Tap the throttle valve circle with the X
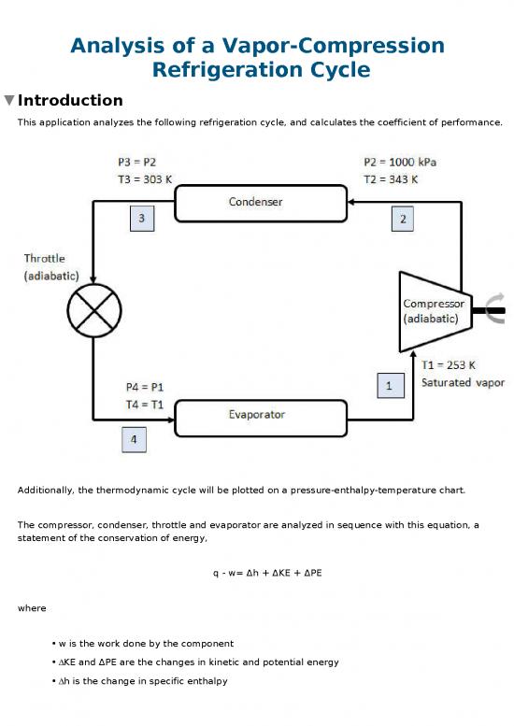[x=93, y=309]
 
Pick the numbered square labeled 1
[x=389, y=384]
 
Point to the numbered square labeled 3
[x=142, y=219]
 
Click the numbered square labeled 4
[x=134, y=440]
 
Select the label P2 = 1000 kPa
[x=399, y=163]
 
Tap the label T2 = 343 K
[x=391, y=179]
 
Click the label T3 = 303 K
[x=137, y=179]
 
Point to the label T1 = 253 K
[x=449, y=366]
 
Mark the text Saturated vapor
[x=463, y=383]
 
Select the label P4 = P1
[x=145, y=387]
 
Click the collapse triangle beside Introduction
[x=9, y=101]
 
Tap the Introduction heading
[x=70, y=101]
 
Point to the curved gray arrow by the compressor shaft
[x=495, y=310]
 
